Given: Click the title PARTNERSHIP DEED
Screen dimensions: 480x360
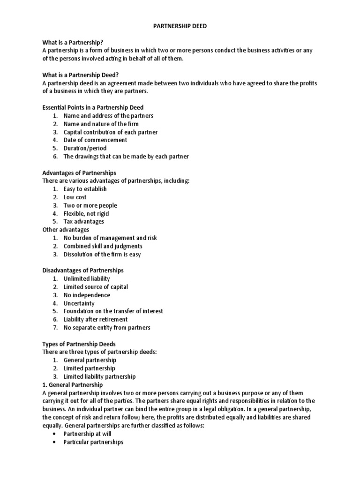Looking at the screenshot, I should [x=180, y=26].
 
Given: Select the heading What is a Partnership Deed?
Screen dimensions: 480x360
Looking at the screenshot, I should [x=81, y=75].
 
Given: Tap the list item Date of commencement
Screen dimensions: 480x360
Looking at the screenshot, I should [x=95, y=140].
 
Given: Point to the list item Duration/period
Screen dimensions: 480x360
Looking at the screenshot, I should [x=85, y=148].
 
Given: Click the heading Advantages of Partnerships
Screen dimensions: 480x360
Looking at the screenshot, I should [x=79, y=172].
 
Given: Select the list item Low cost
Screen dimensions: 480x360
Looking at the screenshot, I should [x=75, y=197].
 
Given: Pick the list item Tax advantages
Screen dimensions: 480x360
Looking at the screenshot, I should [x=84, y=221].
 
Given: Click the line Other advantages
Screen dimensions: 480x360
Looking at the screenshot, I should [x=66, y=230].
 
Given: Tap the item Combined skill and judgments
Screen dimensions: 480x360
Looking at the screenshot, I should [x=103, y=246].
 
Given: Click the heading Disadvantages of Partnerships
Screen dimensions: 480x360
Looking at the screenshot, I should [x=83, y=270].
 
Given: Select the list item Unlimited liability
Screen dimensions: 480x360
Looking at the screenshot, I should [x=87, y=278].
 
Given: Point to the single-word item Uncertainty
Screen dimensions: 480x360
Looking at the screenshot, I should [x=79, y=303].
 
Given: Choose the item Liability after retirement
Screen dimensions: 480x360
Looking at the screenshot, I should [x=96, y=319].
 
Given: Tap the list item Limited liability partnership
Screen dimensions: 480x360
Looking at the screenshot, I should [x=99, y=376].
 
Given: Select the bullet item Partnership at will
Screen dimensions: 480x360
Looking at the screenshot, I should [x=87, y=434].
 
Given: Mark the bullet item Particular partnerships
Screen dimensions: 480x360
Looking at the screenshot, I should [x=93, y=442].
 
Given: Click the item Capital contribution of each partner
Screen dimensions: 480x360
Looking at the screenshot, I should [x=111, y=132].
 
